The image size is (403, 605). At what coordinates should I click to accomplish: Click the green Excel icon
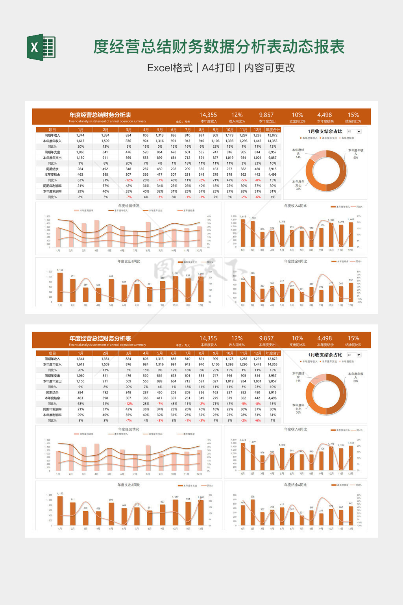tap(41, 47)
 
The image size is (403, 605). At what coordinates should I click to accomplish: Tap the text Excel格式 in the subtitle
tap(170, 68)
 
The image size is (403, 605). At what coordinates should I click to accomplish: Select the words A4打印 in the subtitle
tap(218, 68)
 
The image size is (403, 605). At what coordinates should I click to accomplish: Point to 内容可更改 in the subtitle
tap(270, 68)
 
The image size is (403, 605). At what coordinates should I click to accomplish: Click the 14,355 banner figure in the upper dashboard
tap(208, 115)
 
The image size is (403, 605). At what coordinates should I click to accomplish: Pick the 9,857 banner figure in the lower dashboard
tap(266, 338)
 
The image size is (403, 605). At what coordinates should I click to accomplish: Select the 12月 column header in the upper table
tap(257, 130)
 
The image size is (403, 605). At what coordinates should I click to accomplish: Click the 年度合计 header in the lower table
tap(272, 353)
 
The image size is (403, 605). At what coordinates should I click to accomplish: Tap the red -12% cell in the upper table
tap(129, 180)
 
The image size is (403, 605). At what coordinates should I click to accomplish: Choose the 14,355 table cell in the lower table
tap(272, 364)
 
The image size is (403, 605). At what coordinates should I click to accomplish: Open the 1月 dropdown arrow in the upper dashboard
tap(359, 132)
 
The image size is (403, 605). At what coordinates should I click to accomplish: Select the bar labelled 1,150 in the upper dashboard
tap(60, 288)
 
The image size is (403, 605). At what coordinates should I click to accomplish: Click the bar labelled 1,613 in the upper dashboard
tap(243, 233)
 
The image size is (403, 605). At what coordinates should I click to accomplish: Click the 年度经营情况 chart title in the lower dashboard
tap(128, 429)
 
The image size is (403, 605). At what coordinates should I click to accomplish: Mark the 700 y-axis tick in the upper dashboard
tap(235, 272)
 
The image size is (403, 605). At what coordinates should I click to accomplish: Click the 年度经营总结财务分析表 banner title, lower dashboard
tap(100, 338)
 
